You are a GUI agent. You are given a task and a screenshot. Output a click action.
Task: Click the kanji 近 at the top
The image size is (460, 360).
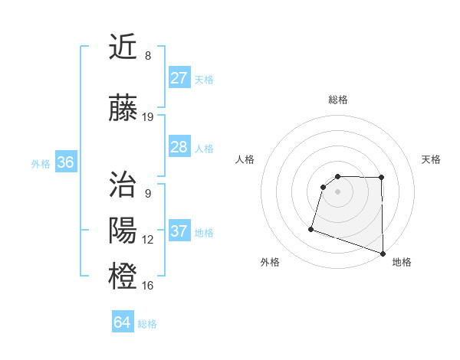click(x=123, y=48)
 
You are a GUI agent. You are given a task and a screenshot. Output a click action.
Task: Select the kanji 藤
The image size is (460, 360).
click(x=123, y=109)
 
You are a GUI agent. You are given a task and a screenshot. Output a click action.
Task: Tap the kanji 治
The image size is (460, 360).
click(x=123, y=185)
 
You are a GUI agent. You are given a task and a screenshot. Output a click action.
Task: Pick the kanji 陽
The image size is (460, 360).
click(x=123, y=231)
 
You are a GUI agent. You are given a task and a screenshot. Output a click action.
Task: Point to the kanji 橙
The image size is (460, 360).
click(x=123, y=276)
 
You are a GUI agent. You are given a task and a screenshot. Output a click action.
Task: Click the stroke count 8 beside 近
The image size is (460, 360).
click(x=148, y=56)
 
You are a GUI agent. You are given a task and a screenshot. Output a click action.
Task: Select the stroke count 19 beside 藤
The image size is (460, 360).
click(x=148, y=117)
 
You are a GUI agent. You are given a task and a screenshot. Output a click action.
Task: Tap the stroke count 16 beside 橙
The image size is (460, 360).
click(x=148, y=285)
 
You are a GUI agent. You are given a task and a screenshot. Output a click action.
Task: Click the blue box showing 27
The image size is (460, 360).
click(x=179, y=78)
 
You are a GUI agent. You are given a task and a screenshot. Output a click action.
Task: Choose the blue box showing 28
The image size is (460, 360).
click(x=179, y=147)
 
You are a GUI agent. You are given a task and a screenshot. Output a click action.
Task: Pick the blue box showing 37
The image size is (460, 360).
click(x=179, y=231)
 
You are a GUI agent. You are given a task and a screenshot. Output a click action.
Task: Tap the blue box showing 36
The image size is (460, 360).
click(x=66, y=162)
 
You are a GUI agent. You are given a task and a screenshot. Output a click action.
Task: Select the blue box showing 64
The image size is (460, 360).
click(x=122, y=322)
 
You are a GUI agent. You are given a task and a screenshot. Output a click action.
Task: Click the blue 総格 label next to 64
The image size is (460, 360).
click(x=147, y=324)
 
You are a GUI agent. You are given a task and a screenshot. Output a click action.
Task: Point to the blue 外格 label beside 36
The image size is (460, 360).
click(x=41, y=163)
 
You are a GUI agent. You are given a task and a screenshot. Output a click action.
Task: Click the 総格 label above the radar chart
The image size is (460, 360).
click(x=337, y=100)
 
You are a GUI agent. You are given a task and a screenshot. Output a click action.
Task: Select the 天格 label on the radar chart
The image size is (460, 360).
click(x=432, y=159)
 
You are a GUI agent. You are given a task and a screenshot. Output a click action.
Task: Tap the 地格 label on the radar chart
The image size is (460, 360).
click(x=402, y=262)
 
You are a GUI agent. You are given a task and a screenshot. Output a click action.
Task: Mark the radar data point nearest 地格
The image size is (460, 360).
click(x=383, y=253)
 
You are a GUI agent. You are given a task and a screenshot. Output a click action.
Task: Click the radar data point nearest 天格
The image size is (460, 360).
click(x=382, y=178)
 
